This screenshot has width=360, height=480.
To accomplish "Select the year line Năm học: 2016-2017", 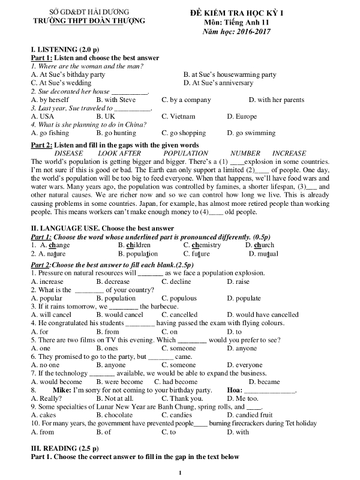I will [237, 31].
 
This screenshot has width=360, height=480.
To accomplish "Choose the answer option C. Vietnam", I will [178, 116].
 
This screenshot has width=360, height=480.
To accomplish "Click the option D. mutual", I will [262, 254].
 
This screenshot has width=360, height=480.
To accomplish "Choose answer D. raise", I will [239, 281].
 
